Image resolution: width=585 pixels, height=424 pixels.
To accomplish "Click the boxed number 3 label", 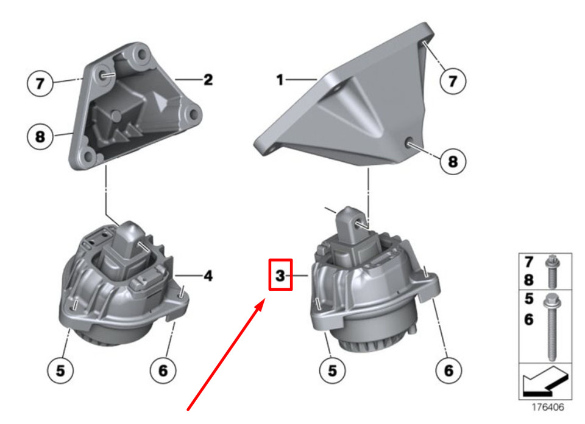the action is [280, 275].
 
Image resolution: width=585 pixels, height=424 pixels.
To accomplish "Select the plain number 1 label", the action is [280, 80].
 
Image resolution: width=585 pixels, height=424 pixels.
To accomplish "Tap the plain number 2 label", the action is [208, 80].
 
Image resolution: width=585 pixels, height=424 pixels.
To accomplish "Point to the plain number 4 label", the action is [208, 276].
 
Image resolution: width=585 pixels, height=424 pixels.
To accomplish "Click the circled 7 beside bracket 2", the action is [40, 83].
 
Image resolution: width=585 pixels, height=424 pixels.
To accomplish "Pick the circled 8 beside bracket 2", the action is [40, 137].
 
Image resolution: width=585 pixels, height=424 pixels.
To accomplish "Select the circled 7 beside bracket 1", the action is [453, 81].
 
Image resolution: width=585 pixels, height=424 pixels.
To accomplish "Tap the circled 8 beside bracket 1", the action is [453, 161].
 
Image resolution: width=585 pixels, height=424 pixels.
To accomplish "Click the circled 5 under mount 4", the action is [60, 370].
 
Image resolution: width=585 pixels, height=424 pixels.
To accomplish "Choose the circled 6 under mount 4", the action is [163, 370].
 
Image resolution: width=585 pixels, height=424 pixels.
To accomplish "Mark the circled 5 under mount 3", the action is [332, 370].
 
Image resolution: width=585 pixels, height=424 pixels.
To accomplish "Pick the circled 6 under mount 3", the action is [448, 370].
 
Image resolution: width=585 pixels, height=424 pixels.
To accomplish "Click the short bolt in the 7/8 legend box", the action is [552, 271].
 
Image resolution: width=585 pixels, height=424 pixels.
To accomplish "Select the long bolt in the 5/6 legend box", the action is [551, 327].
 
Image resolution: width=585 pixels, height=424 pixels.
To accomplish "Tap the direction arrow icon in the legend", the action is [545, 381].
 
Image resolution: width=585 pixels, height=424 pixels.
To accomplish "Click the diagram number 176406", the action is [547, 407].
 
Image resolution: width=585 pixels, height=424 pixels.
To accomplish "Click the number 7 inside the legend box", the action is [529, 262].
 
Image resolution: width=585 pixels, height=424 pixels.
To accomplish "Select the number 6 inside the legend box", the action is [529, 319].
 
